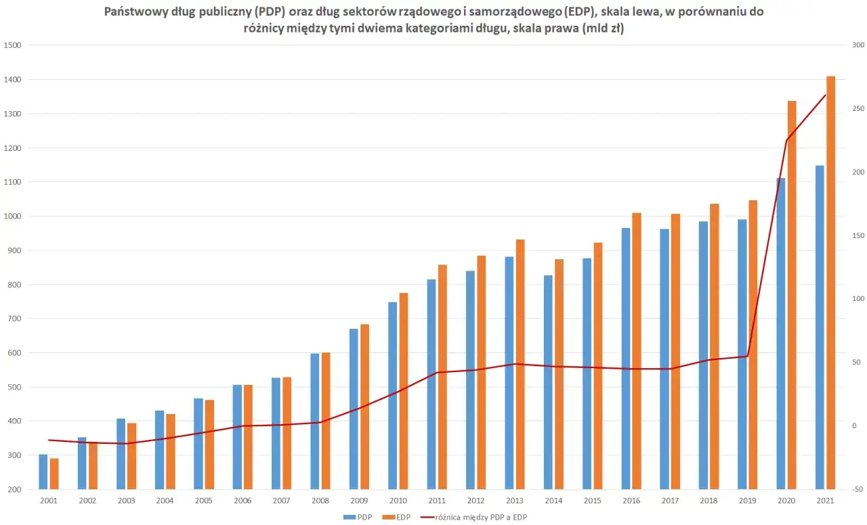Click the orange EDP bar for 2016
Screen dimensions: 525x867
point(637,351)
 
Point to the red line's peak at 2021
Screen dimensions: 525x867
point(825,95)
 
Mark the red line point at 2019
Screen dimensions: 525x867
point(748,356)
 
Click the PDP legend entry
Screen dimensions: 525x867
point(357,517)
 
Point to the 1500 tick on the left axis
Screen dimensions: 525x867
point(13,45)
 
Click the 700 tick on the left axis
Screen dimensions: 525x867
point(13,319)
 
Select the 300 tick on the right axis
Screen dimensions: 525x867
point(858,45)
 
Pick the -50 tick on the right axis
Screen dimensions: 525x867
point(858,489)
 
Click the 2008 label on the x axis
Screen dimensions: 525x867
point(320,501)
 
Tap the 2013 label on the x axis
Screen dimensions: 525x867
point(515,501)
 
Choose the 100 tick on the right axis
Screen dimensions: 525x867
point(858,299)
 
